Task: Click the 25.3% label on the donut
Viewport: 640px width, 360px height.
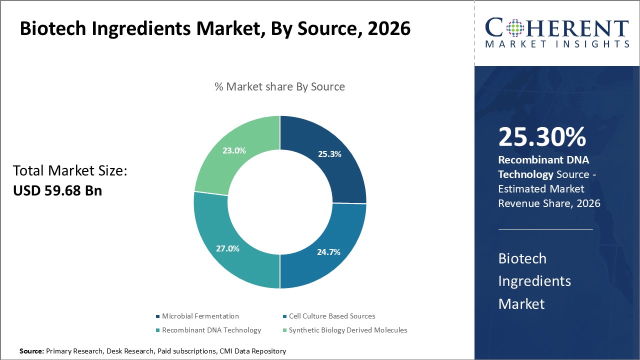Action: tap(329, 154)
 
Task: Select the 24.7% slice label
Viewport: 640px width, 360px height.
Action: tap(328, 252)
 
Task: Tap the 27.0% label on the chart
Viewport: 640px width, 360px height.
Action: tap(227, 248)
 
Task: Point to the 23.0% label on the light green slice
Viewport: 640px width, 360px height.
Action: tap(234, 150)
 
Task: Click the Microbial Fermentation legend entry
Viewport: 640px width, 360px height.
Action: tap(200, 316)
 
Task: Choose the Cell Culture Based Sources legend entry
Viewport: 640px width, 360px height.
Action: tap(331, 316)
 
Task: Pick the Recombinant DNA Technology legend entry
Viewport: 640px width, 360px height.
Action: tap(211, 330)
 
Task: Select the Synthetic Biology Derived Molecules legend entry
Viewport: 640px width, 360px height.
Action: tap(347, 330)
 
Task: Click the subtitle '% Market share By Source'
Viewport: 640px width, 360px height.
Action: tap(279, 86)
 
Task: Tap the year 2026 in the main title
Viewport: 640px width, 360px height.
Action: tap(388, 29)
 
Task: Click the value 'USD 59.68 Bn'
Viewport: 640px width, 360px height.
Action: tap(57, 190)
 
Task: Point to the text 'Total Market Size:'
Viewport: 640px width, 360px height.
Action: tap(70, 171)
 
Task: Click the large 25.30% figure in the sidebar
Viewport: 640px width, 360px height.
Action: tap(542, 137)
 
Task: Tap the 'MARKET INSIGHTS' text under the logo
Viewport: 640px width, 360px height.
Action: tap(557, 44)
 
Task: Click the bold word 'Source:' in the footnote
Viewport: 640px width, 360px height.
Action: tap(31, 351)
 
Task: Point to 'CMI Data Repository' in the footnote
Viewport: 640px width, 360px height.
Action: tap(252, 351)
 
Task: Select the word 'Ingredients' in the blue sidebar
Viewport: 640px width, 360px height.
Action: tap(534, 281)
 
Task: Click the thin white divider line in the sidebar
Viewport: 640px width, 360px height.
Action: tap(545, 229)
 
